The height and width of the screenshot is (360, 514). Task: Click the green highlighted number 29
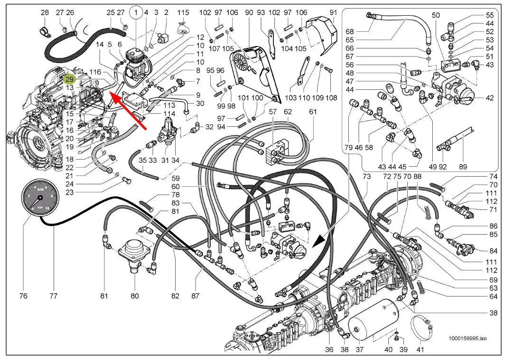70,79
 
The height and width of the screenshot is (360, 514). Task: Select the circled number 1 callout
136,13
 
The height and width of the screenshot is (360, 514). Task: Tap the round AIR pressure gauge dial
41,198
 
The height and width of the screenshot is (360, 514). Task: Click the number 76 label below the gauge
23,296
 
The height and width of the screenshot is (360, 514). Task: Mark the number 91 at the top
333,12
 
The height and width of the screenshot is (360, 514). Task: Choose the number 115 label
183,12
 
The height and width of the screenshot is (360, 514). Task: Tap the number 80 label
135,296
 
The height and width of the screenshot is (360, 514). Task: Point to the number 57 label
273,112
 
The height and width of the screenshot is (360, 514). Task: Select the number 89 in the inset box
463,167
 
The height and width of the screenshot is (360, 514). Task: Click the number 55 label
490,15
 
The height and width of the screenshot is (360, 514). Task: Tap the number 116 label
95,72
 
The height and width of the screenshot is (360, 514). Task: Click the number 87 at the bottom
196,296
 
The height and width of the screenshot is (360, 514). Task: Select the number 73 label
366,177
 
